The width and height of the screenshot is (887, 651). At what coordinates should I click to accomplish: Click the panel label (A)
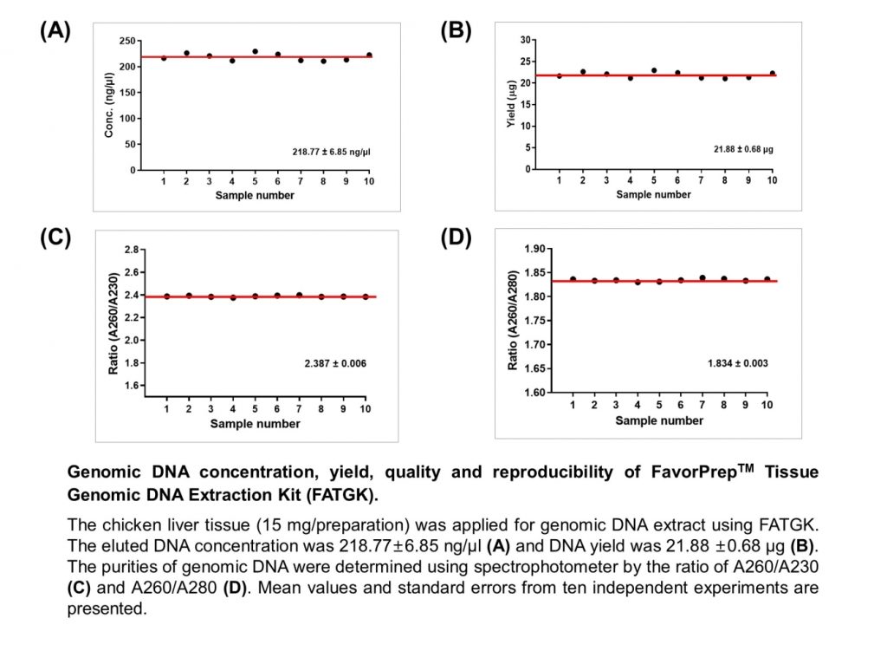[55, 30]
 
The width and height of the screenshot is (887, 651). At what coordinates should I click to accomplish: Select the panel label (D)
[456, 238]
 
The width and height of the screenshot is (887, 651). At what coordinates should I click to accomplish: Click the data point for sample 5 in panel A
[256, 51]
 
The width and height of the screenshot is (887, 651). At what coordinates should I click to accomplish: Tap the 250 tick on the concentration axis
[127, 41]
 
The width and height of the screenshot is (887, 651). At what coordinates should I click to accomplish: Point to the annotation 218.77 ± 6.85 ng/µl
[331, 152]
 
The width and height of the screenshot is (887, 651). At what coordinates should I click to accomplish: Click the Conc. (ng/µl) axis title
[108, 106]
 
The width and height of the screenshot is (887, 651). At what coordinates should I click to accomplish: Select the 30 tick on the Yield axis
[526, 40]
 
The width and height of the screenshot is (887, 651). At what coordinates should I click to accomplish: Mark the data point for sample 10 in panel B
[772, 73]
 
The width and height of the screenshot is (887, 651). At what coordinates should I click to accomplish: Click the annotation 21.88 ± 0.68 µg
[743, 149]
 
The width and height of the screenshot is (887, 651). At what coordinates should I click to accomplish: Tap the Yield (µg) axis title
[511, 104]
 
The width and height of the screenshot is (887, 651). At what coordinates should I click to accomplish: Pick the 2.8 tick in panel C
[132, 250]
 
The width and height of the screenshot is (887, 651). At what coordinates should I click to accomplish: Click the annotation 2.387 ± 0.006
[335, 363]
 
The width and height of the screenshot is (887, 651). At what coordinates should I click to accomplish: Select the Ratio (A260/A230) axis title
[113, 324]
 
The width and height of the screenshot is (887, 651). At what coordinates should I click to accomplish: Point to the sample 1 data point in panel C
[167, 296]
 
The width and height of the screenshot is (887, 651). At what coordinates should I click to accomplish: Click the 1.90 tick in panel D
[534, 249]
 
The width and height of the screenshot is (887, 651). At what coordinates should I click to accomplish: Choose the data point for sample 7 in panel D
[702, 278]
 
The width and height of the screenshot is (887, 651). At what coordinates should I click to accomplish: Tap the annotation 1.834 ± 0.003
[738, 363]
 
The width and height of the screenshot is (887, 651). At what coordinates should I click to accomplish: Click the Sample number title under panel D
[659, 420]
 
